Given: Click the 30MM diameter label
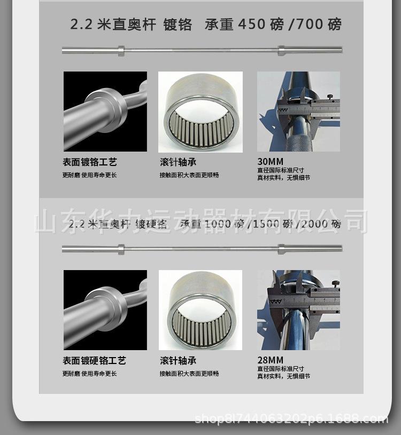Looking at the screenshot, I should [271, 162].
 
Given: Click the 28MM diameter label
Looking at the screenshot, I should [271, 360].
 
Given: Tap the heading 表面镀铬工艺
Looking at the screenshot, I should [89, 162].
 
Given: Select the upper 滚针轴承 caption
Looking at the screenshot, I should [178, 162].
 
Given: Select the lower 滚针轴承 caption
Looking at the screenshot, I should [178, 361].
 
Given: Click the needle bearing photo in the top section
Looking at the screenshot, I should [200, 111].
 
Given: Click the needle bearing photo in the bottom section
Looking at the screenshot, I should [200, 310].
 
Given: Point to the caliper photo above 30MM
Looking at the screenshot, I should [298, 111].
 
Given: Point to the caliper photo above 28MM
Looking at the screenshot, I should [298, 310].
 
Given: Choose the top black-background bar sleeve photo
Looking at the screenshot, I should [105, 111].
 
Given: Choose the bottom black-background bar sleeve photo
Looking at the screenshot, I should [105, 310].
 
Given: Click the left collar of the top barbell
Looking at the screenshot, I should [121, 51].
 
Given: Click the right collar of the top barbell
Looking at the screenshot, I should [281, 51].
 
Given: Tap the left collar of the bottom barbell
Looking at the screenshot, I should [121, 249].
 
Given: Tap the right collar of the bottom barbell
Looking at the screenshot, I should [281, 249].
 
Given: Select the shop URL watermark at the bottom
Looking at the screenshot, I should [291, 419].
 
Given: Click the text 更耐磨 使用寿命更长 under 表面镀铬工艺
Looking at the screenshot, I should [89, 175].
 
